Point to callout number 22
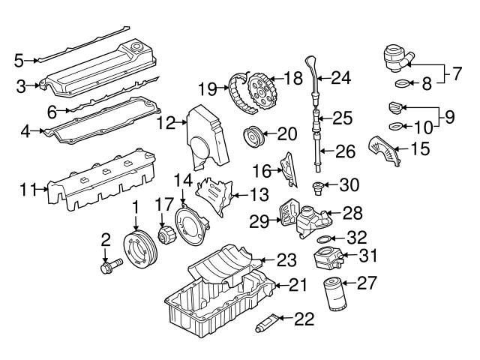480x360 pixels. [304, 319]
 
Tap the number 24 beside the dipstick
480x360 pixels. [341, 76]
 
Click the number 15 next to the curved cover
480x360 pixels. [421, 148]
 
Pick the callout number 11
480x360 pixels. [28, 190]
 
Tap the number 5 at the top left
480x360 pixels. [19, 58]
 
